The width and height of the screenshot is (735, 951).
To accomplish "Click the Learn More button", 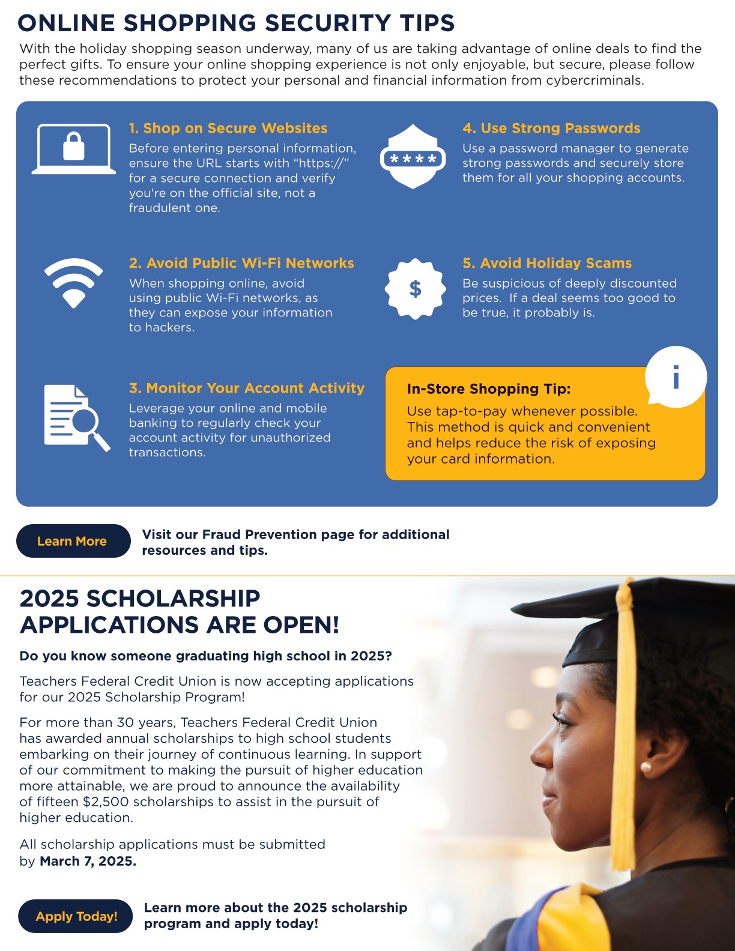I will coord(73,541).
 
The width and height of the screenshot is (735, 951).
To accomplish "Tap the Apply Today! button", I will coord(76,916).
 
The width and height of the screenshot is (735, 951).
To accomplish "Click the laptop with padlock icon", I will coord(74,148).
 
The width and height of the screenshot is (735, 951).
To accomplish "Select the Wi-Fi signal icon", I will coord(73,282).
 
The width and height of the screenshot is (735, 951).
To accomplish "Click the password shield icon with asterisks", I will coord(413,157).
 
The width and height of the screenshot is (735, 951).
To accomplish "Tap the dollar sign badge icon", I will coord(415,289).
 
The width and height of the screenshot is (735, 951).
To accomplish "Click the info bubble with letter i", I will coord(676,377).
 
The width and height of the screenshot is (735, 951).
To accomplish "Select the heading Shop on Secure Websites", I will coord(228,128).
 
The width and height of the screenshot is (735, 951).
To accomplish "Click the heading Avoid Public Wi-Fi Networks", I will coord(241,263).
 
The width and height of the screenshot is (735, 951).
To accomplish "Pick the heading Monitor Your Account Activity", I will coord(247,388).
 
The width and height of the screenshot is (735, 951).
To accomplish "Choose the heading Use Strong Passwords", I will coord(551,128).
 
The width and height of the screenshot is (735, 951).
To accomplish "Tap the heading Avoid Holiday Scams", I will coord(547,263).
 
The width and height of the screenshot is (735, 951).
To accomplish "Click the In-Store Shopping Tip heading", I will coord(489,388).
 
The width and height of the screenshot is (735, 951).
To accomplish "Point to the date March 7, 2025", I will coord(88,861).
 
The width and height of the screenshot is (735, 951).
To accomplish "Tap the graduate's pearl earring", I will coord(647,767).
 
